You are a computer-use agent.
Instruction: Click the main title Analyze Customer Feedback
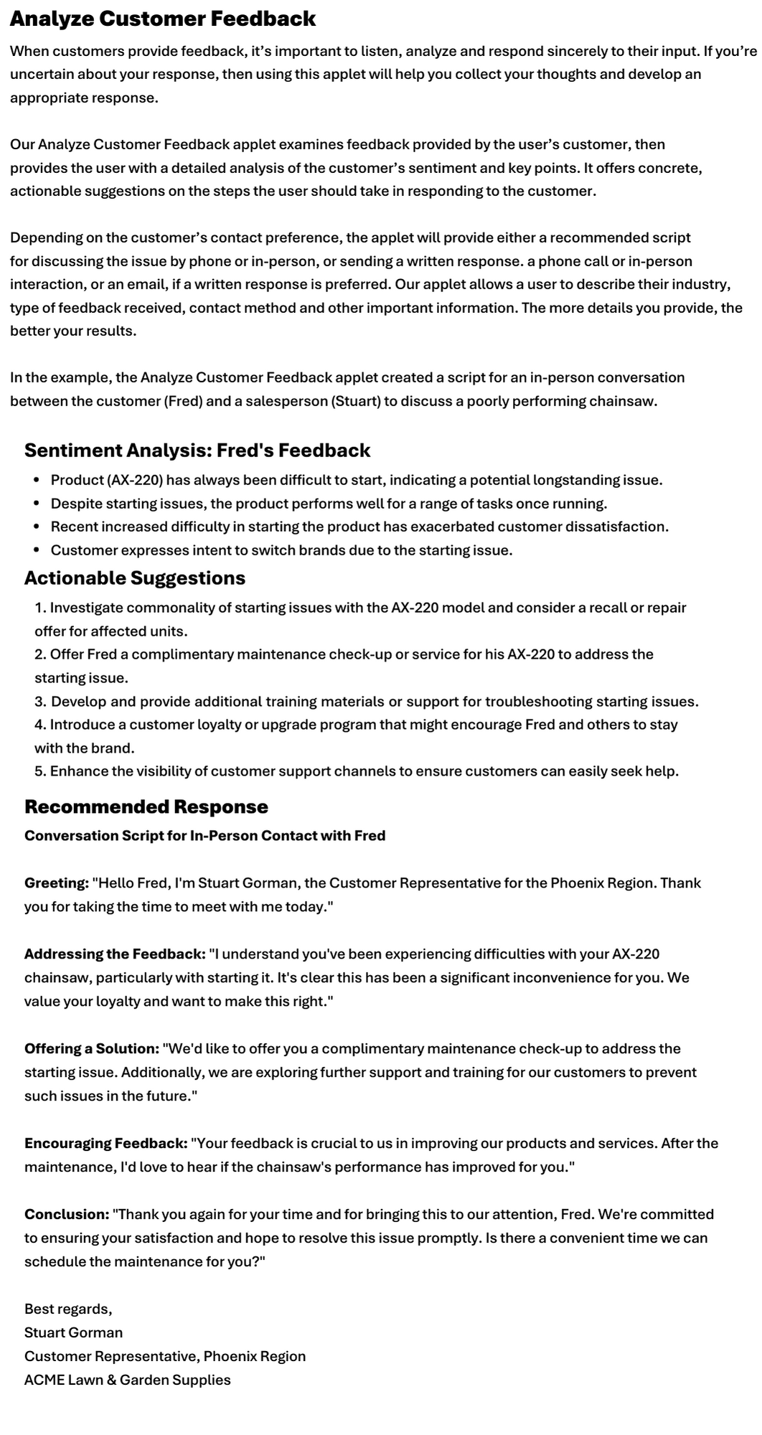(163, 19)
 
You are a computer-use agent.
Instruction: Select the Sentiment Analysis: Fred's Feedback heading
(197, 451)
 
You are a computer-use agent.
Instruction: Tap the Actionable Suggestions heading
(135, 578)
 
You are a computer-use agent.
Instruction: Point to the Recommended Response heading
(146, 807)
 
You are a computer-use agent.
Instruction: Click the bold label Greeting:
(57, 883)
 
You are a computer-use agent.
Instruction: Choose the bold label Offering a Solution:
(92, 1049)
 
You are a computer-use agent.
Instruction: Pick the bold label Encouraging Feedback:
(106, 1144)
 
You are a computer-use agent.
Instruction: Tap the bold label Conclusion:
(67, 1215)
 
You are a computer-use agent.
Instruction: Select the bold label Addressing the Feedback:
(115, 954)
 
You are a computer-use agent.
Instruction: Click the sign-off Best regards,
(68, 1309)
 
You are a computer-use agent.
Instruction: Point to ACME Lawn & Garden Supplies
(128, 1380)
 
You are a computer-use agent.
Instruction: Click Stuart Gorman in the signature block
(73, 1333)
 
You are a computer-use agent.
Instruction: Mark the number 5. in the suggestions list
(41, 772)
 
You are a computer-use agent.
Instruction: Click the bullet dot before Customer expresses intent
(37, 551)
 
